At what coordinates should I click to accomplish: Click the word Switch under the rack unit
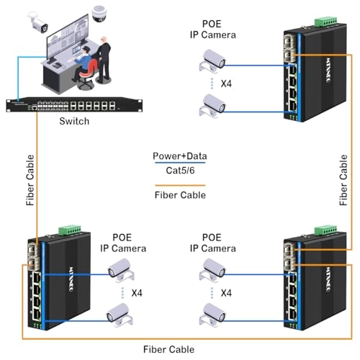tap(74, 121)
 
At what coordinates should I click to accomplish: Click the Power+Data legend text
tap(179, 156)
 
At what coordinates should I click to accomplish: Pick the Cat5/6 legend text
tap(179, 170)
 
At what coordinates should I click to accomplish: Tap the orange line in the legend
tap(179, 185)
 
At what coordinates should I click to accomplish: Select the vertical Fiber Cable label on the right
tap(343, 183)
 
